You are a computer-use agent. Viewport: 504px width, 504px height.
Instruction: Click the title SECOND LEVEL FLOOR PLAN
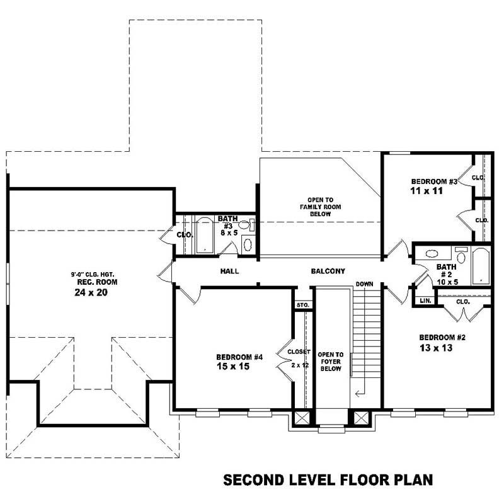pyautogui.click(x=328, y=481)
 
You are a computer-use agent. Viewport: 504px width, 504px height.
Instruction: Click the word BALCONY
pyautogui.click(x=328, y=272)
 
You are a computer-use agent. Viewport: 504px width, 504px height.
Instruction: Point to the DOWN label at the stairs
pyautogui.click(x=364, y=285)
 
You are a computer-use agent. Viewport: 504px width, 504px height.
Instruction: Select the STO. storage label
pyautogui.click(x=303, y=306)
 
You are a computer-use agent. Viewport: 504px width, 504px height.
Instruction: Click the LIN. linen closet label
pyautogui.click(x=425, y=301)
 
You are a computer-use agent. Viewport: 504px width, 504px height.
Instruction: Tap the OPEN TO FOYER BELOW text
pyautogui.click(x=330, y=362)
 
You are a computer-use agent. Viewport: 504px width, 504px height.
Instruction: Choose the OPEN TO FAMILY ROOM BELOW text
pyautogui.click(x=319, y=207)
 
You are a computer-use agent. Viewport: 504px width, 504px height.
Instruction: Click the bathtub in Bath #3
pyautogui.click(x=205, y=236)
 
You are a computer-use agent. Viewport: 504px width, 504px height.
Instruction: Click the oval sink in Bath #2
pyautogui.click(x=432, y=254)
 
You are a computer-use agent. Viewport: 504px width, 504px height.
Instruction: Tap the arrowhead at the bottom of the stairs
pyautogui.click(x=358, y=394)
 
